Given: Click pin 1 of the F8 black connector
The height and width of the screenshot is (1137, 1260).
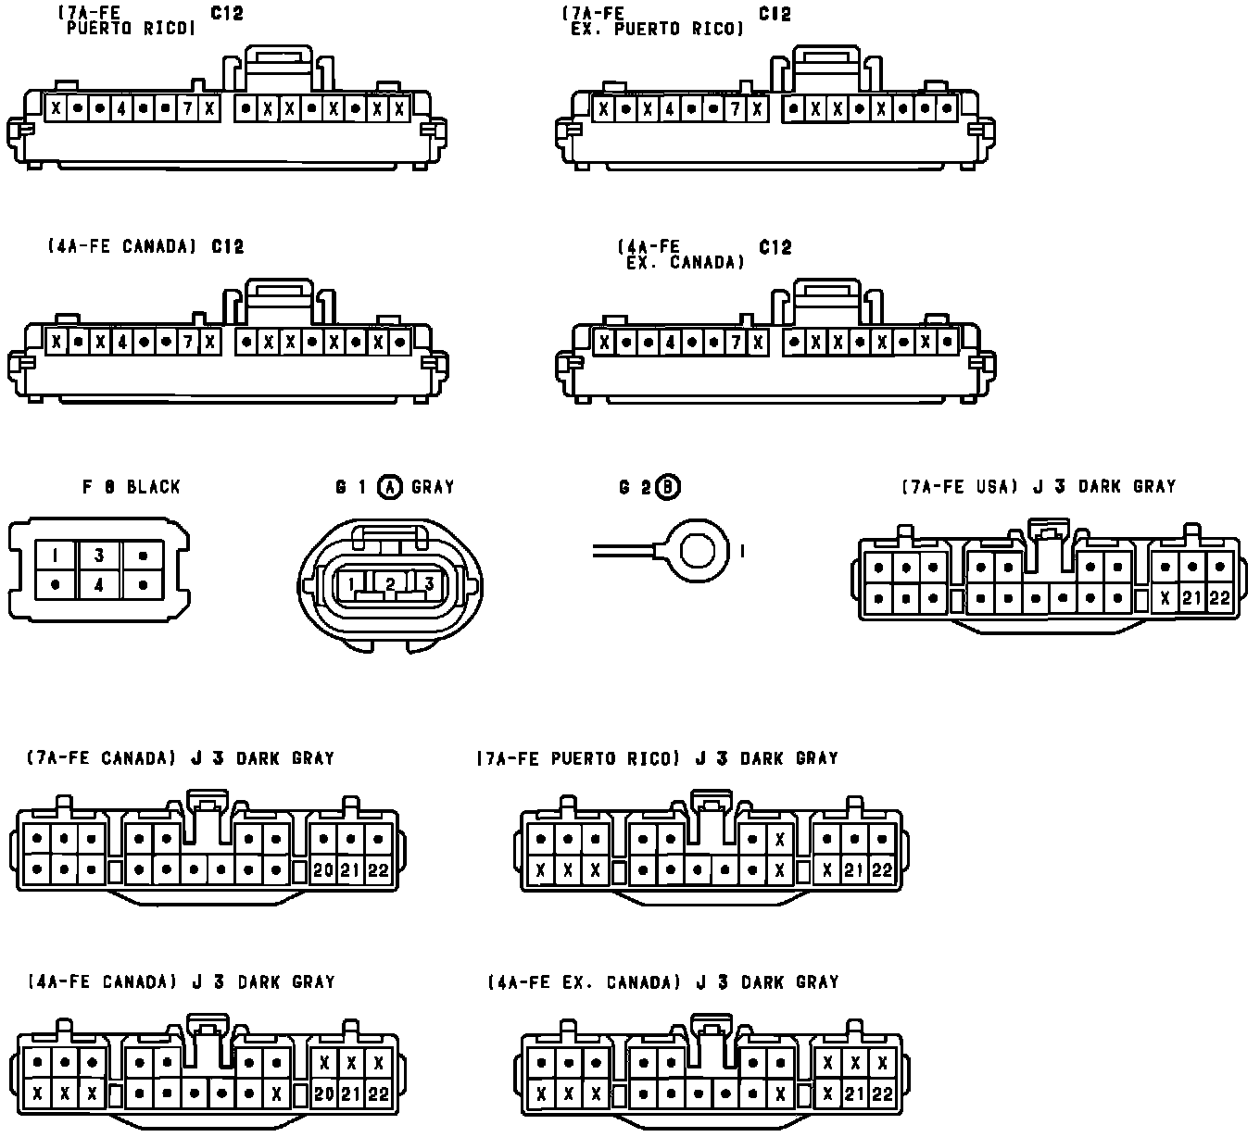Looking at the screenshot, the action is [x=56, y=556].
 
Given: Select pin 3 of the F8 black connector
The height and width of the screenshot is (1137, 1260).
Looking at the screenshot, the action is [x=99, y=556].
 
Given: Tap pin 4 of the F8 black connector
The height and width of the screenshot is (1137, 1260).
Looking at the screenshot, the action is [x=99, y=585].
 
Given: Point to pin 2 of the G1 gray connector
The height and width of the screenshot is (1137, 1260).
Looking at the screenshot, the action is [x=390, y=583].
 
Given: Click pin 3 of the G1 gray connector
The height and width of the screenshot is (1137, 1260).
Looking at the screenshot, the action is [x=429, y=583].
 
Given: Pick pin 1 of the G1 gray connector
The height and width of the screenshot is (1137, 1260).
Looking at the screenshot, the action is [x=352, y=583].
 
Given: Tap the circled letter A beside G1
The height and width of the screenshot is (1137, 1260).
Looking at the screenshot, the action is [x=391, y=487].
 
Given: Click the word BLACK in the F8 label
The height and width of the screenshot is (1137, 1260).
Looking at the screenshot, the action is [x=153, y=487].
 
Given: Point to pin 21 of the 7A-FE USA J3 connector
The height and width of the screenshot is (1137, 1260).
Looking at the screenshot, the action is [x=1191, y=598].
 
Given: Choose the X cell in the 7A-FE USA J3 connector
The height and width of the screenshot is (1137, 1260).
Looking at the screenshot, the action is [x=1165, y=598].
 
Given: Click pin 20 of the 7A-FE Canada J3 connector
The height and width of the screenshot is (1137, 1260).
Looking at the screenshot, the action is [x=323, y=870].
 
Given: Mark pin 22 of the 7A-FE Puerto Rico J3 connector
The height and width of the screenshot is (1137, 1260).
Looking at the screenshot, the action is [x=881, y=870].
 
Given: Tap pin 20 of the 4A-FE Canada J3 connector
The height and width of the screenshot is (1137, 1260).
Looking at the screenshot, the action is [x=323, y=1093].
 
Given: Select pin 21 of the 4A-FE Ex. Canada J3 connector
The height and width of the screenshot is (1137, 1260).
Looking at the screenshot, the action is [x=854, y=1093].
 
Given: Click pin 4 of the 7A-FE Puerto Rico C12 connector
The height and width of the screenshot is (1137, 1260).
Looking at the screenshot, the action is [x=121, y=108].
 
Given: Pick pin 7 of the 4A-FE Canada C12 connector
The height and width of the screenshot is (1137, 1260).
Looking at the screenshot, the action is [x=187, y=343].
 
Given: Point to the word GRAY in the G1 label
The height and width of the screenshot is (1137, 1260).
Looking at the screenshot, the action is [x=433, y=487].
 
